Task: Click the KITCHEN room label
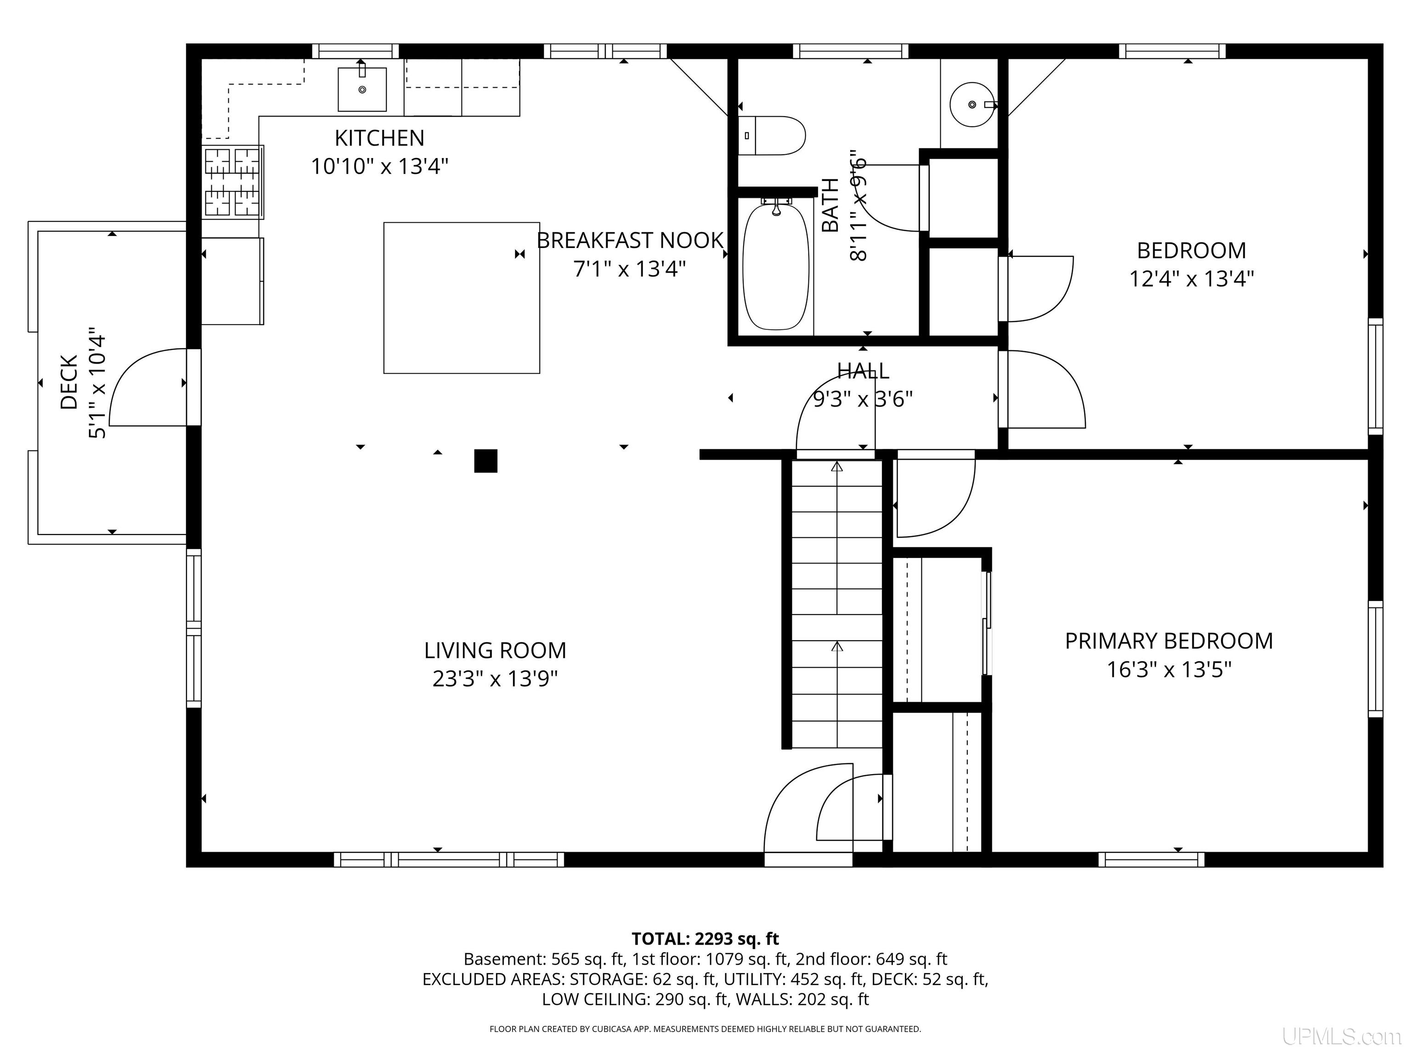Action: click(379, 138)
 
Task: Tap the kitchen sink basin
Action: click(361, 89)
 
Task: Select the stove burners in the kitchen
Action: click(233, 182)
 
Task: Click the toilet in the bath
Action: click(772, 135)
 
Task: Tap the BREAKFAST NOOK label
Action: click(630, 241)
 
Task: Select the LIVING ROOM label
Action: click(495, 651)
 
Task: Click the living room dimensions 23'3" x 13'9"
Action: click(495, 679)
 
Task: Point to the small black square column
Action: click(485, 461)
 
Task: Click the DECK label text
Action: click(68, 382)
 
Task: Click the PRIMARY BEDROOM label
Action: click(1168, 641)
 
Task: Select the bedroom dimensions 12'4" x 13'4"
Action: click(1191, 279)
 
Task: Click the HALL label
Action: click(863, 371)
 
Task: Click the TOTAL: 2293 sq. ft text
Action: click(705, 939)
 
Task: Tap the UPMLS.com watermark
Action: click(1342, 1037)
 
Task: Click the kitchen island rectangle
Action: click(461, 298)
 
